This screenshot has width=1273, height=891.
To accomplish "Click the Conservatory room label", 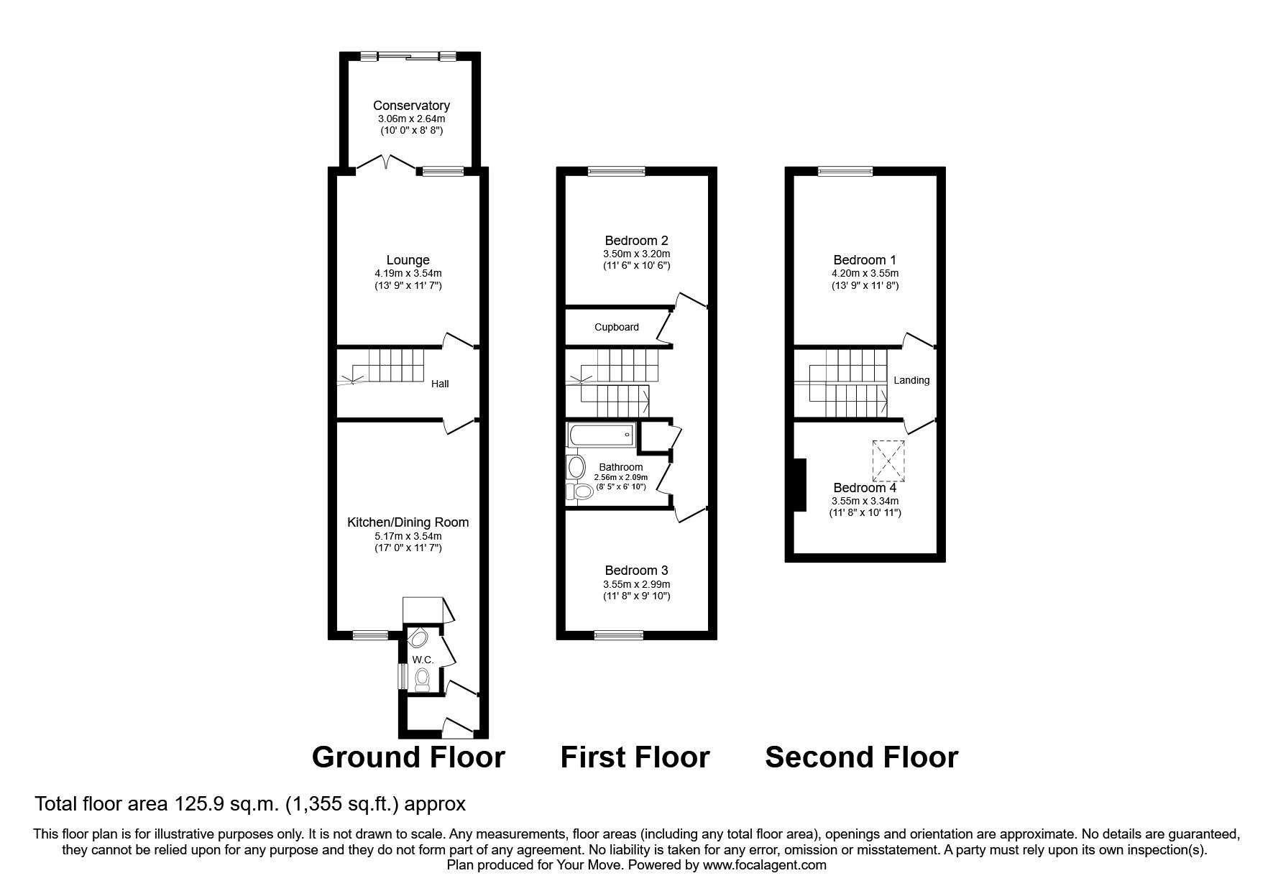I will point(411,106).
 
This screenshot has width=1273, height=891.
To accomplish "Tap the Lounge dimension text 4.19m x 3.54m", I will point(408,273).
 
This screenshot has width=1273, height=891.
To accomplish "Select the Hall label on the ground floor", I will point(440,384).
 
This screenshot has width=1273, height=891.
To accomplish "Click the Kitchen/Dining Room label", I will point(408,522).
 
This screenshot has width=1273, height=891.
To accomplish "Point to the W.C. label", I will point(422,660).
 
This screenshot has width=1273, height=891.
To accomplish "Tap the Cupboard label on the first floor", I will point(616,327).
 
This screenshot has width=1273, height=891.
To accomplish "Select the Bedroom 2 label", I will point(636,241).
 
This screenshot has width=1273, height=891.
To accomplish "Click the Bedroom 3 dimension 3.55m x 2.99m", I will point(636,584).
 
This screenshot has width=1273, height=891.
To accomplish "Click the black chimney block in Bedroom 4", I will point(799,485).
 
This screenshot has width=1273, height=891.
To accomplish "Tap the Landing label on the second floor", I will point(911,380).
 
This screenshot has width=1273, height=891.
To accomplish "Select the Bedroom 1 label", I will point(865,260).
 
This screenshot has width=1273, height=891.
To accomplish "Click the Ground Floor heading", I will point(408,757).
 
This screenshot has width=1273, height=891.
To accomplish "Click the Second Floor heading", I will point(861,757).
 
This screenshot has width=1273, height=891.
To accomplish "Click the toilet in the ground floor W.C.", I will point(423,679).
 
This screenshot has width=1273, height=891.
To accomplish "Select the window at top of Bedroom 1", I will point(845,171).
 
